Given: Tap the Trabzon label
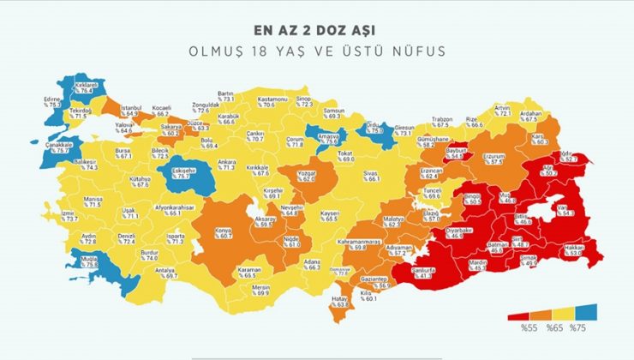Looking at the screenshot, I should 441,121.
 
